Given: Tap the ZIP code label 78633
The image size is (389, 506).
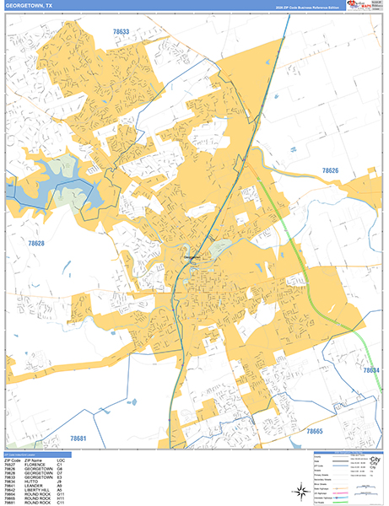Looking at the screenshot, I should [122, 31].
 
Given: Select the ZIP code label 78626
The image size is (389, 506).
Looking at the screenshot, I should [331, 171].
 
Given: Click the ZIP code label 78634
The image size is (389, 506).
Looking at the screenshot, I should [371, 370].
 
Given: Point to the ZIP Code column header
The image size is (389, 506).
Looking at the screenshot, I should [13, 461].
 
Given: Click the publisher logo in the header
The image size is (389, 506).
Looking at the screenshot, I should [347, 6].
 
